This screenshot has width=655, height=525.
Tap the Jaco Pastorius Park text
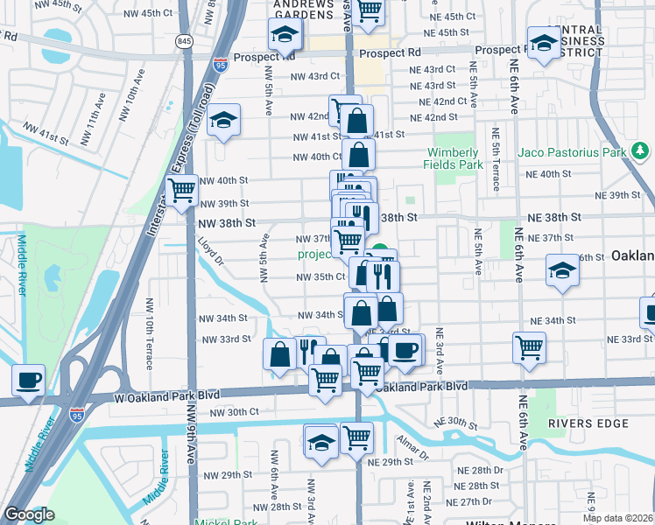coord(572,152)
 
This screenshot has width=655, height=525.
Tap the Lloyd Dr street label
coord(210,248)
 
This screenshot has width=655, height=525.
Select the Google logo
coord(29,514)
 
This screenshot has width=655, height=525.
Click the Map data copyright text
coord(617,517)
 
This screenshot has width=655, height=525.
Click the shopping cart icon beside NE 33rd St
coord(530,347)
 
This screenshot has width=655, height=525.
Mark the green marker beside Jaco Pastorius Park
coord(640,152)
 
